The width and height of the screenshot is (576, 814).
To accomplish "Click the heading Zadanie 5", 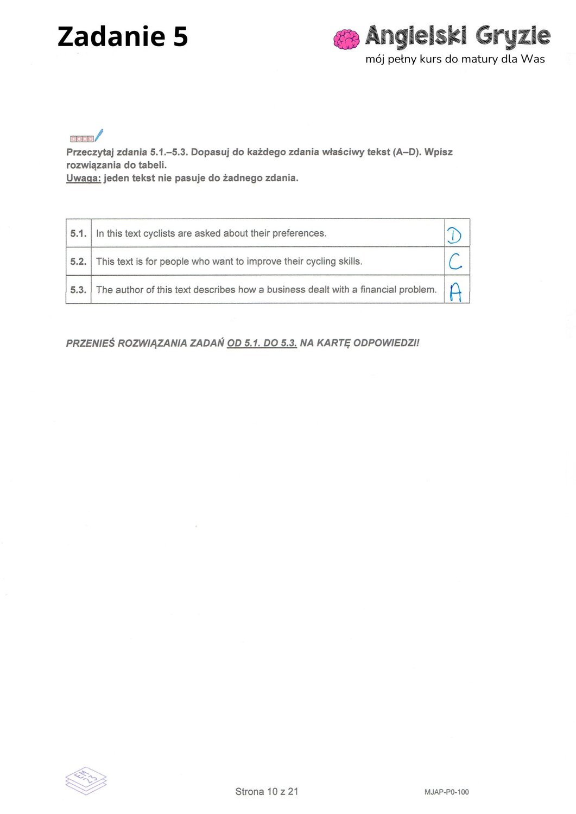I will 123,37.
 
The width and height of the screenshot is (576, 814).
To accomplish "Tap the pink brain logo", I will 346,39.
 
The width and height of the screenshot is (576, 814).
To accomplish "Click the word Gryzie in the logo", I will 513,36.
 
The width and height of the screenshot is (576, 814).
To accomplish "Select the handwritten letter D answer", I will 454,235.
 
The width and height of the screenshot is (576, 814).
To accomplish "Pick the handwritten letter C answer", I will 455,262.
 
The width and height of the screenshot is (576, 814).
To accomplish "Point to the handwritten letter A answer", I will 455,292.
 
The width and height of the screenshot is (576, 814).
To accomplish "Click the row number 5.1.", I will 78,234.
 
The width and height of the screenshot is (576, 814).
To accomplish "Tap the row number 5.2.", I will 78,262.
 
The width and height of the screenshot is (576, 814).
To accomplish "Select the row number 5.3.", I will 78,290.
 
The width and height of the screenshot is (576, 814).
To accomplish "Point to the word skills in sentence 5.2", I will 350,262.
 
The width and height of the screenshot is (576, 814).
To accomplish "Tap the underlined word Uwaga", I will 83,178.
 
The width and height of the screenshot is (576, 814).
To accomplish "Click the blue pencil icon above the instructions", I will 99,135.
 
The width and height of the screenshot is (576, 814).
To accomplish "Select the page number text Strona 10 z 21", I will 267,792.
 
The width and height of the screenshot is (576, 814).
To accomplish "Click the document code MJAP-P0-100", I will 446,792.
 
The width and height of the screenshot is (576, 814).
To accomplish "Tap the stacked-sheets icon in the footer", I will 86,781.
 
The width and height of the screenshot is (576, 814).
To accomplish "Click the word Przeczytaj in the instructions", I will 90,152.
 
